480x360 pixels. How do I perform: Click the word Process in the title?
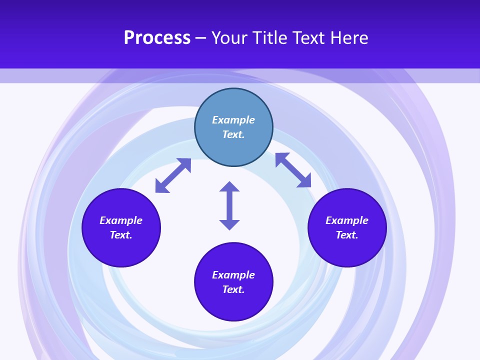click(x=157, y=38)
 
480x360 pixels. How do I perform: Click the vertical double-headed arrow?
click(x=229, y=205)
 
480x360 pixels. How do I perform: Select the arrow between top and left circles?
click(x=173, y=175)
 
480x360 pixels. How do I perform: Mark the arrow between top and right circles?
click(x=293, y=170)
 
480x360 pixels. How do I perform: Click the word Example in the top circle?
click(x=233, y=120)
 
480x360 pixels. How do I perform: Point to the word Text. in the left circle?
click(x=121, y=235)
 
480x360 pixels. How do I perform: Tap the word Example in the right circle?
click(x=347, y=220)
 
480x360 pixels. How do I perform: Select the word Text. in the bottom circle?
click(x=233, y=289)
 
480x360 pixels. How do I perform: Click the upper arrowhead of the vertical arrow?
click(x=229, y=187)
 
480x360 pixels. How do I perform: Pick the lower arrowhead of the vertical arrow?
click(x=229, y=224)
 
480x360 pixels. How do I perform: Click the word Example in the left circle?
click(x=121, y=220)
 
